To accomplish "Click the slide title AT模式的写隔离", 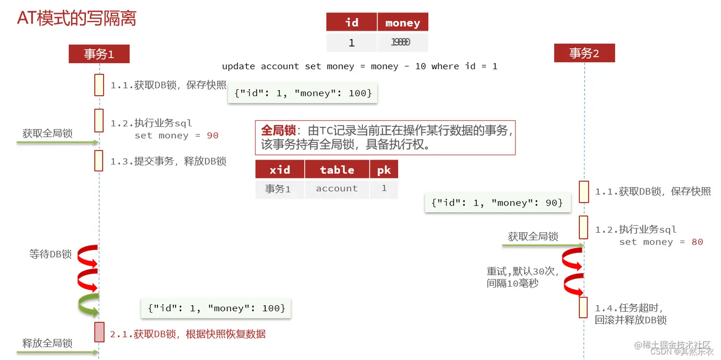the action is click(x=77, y=18).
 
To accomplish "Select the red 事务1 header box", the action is click(x=99, y=54).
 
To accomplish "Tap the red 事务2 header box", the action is click(x=584, y=53).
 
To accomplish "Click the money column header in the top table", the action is click(x=402, y=23).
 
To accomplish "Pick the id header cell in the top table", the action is click(x=351, y=23).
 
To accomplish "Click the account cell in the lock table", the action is click(x=337, y=189).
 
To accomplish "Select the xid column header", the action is click(x=279, y=170).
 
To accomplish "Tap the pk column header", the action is click(x=384, y=170).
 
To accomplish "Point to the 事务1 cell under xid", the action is click(x=278, y=189).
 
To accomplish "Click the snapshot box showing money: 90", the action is click(x=497, y=203).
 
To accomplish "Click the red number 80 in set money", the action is click(x=697, y=242).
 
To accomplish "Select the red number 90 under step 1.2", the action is click(x=213, y=135).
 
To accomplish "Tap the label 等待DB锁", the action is click(x=51, y=254).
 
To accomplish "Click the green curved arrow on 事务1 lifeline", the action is click(x=88, y=305).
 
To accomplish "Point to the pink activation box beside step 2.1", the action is click(x=99, y=332).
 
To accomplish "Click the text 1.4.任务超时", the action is click(x=629, y=308).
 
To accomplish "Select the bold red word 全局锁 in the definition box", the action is click(x=278, y=131).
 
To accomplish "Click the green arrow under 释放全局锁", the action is click(x=57, y=353).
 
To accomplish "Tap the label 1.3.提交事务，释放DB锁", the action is click(x=168, y=161).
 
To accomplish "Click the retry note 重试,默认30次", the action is click(x=523, y=271).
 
